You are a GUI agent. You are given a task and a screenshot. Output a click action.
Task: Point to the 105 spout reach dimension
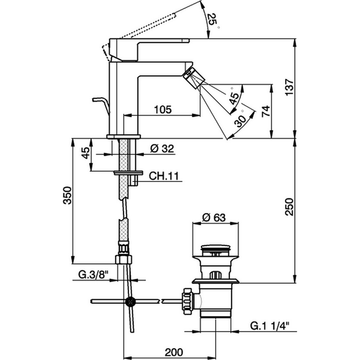pyautogui.click(x=162, y=109)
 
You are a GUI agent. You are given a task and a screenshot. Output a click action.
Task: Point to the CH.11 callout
pyautogui.click(x=164, y=175)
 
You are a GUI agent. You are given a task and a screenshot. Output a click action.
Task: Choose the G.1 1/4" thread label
pyautogui.click(x=273, y=325)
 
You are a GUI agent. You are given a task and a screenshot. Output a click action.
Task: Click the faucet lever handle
pyautogui.click(x=149, y=42)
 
